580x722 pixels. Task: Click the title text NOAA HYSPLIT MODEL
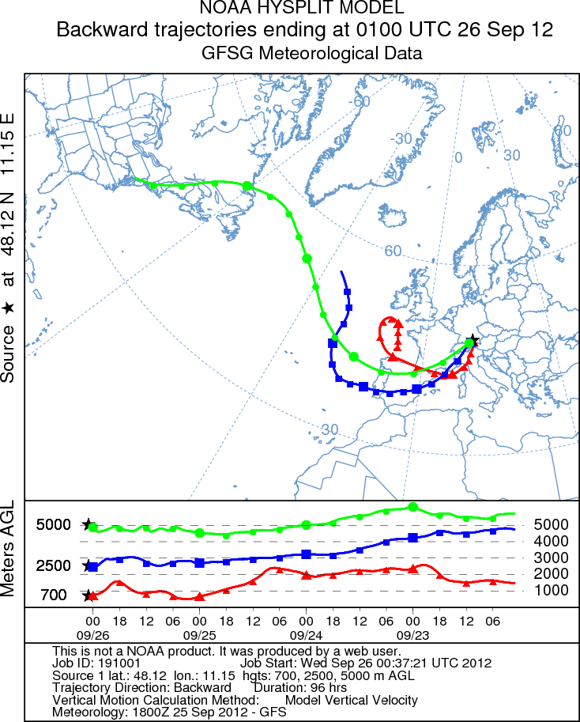tap(303, 9)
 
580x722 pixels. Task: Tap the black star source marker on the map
tap(473, 341)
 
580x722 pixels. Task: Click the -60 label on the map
tap(361, 101)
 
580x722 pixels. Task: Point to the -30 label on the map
tap(401, 138)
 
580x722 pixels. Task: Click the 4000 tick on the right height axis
tap(551, 541)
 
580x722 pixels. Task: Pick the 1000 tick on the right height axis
tap(551, 590)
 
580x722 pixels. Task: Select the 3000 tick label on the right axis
tap(551, 558)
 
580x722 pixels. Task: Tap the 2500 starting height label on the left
tap(54, 565)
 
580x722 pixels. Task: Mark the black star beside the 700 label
tap(89, 595)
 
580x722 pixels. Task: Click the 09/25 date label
tap(199, 634)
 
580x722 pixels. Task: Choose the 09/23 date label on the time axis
tap(412, 634)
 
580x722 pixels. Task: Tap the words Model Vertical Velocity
tap(351, 700)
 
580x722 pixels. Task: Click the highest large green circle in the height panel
tap(412, 507)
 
